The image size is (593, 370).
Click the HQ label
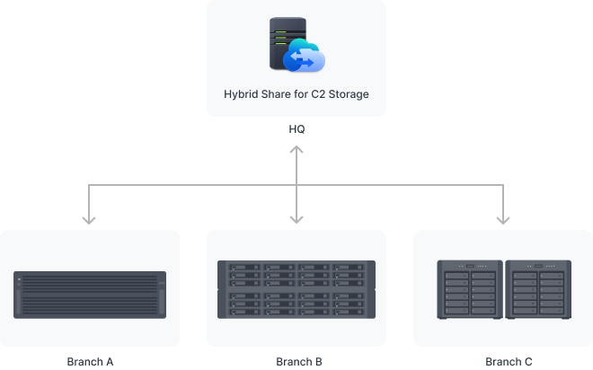pyautogui.click(x=296, y=129)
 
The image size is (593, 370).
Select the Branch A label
pyautogui.click(x=90, y=362)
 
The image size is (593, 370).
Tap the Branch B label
pyautogui.click(x=296, y=362)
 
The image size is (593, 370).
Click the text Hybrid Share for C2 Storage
pyautogui.click(x=296, y=93)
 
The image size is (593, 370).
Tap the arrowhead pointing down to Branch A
pyautogui.click(x=89, y=217)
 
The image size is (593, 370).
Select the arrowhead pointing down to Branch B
pyautogui.click(x=296, y=217)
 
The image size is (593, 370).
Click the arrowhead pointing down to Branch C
pyautogui.click(x=503, y=217)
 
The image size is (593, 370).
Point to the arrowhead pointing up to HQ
pyautogui.click(x=296, y=149)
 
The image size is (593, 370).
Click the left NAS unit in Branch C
pyautogui.click(x=469, y=289)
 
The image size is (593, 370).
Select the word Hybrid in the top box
pyautogui.click(x=243, y=93)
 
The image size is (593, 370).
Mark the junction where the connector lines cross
pyautogui.click(x=296, y=185)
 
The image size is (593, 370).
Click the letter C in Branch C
pyautogui.click(x=527, y=362)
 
